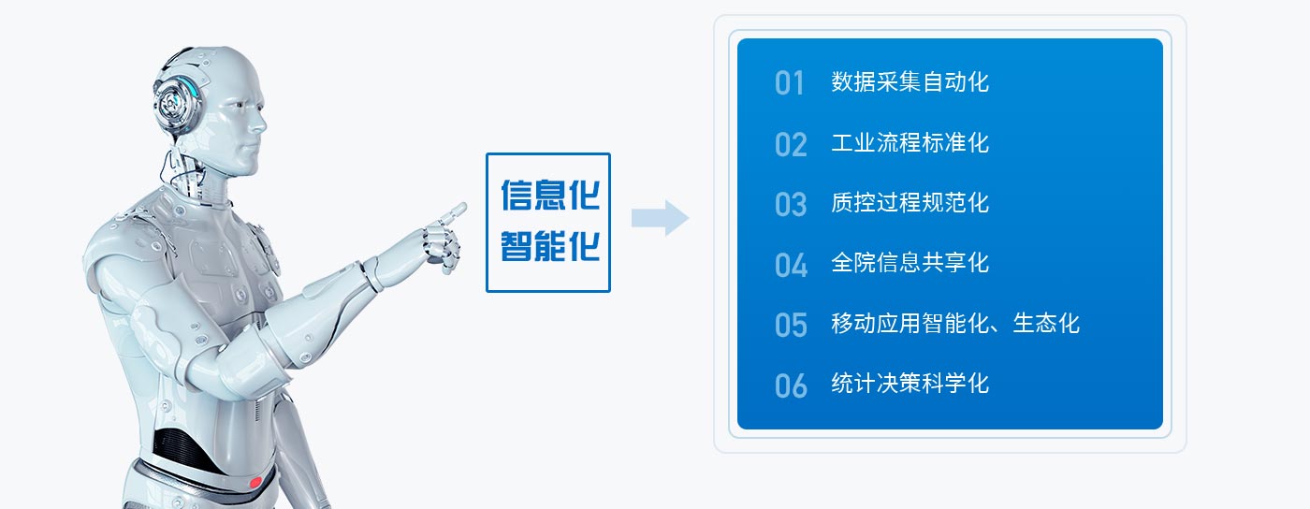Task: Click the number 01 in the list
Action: coord(789,83)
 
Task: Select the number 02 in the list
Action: coord(791,144)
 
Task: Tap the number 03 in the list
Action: coord(791,205)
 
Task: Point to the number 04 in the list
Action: coord(792,265)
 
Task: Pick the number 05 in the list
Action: coord(791,326)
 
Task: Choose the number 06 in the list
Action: coord(791,386)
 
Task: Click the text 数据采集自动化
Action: coord(910,82)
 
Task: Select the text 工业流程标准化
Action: coord(910,143)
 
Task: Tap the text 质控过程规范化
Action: coord(910,203)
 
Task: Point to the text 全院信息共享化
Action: coord(910,263)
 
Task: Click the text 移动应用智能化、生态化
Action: coord(955,324)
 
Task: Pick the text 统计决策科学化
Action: coord(910,384)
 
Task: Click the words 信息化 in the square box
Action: coord(550,195)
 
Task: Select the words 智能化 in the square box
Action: coord(550,246)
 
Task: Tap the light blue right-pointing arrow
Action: coord(661,218)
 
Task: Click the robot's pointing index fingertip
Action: coord(462,207)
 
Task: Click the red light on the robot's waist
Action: coord(255,483)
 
